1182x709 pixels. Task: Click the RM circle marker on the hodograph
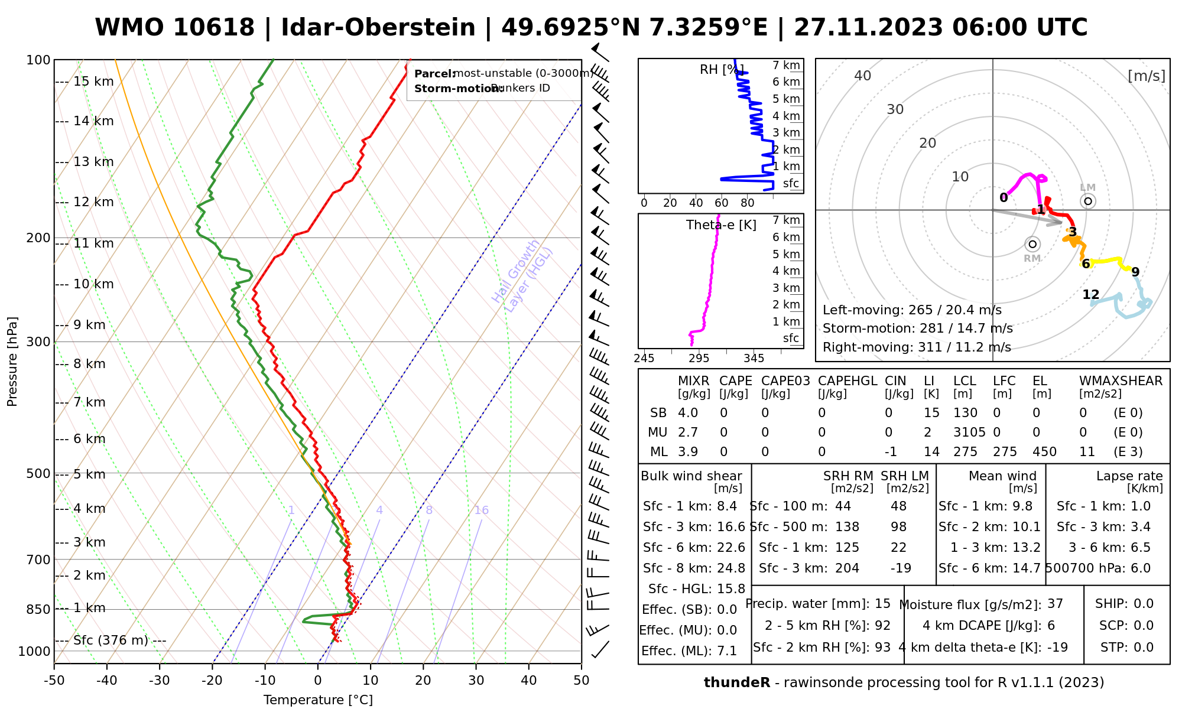click(x=1032, y=244)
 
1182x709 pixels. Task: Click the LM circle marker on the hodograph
click(x=1088, y=201)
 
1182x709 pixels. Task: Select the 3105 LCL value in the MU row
click(x=969, y=432)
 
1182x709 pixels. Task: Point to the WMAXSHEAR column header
click(x=1121, y=381)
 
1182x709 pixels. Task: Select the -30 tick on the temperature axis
click(x=160, y=681)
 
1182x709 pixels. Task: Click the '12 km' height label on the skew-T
click(x=93, y=202)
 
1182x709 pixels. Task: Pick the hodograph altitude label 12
click(x=1091, y=294)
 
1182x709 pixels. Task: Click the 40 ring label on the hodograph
click(x=863, y=76)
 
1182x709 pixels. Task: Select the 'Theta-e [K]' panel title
click(x=721, y=225)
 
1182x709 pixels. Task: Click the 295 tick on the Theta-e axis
click(x=699, y=359)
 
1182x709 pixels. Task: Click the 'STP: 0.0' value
click(x=1127, y=648)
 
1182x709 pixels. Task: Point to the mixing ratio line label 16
click(x=482, y=510)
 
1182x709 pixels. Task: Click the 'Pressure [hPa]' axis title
click(x=12, y=362)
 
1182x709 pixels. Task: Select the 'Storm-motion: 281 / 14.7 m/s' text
click(x=917, y=329)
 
